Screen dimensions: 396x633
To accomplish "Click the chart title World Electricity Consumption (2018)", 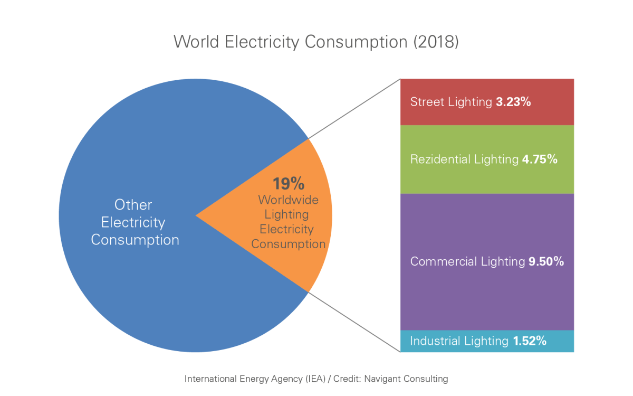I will tap(316, 42).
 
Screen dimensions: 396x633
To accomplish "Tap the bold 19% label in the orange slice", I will tap(288, 184).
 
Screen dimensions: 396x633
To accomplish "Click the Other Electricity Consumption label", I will tap(135, 222).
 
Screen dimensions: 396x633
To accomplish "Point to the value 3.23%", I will tap(513, 102).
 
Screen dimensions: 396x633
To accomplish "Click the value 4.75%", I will tap(539, 159).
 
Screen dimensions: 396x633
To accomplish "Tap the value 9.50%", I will tap(546, 261).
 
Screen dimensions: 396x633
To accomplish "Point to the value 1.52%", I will tap(529, 341).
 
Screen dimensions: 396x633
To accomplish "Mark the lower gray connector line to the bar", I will tap(353, 321).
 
